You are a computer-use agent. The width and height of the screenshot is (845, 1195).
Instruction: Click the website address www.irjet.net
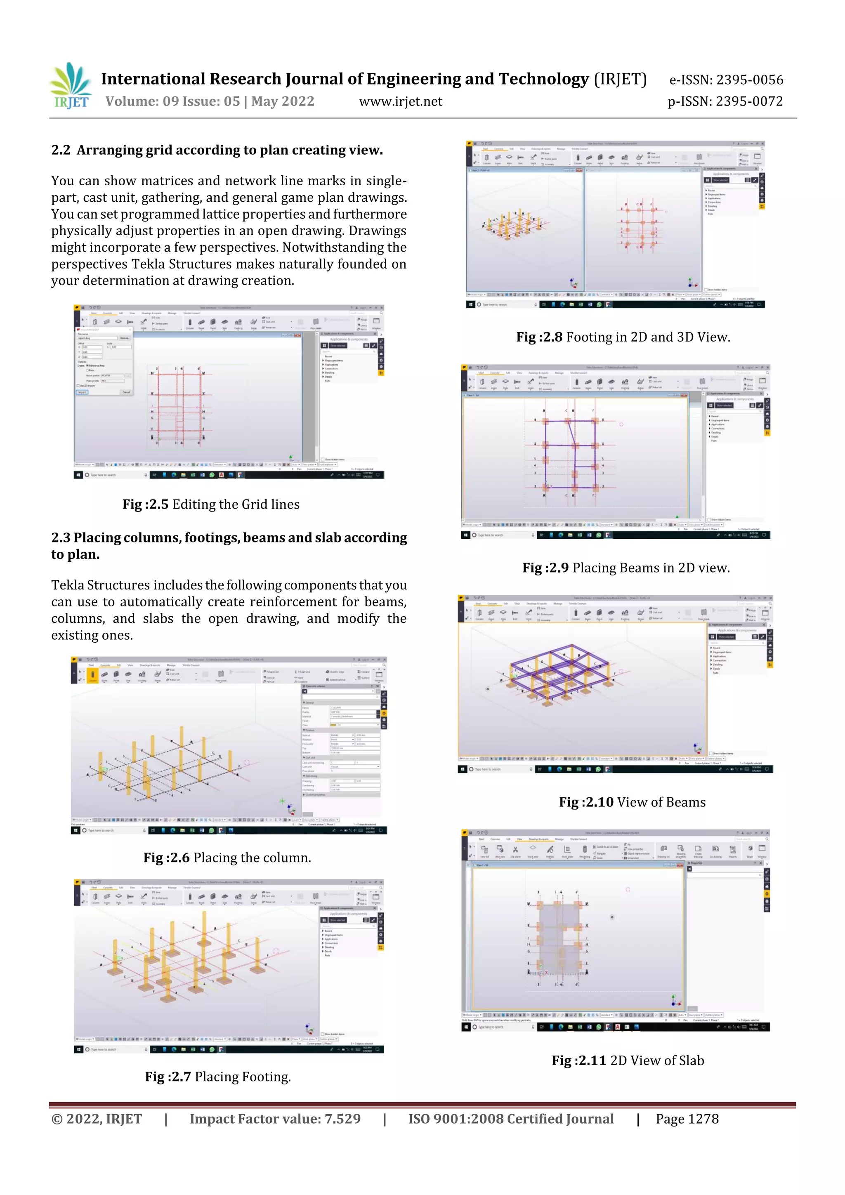(x=400, y=101)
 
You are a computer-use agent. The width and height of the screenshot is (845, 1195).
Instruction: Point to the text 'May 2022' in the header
(x=283, y=101)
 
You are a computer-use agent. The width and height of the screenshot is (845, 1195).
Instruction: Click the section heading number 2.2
(x=60, y=151)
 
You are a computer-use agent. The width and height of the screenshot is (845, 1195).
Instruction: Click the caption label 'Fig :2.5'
(x=145, y=504)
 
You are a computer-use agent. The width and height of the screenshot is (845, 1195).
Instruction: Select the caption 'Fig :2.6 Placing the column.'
(x=227, y=858)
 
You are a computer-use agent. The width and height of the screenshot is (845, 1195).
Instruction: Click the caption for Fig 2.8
(x=623, y=337)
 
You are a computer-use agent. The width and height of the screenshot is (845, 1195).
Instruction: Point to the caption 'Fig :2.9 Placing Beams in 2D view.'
(x=626, y=568)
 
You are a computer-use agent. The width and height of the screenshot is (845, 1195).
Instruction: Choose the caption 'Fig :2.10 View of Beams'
(x=632, y=802)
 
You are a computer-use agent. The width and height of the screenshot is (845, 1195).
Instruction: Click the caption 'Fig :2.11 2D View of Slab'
(x=628, y=1061)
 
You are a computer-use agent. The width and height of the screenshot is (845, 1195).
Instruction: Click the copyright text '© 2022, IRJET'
(x=96, y=1119)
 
